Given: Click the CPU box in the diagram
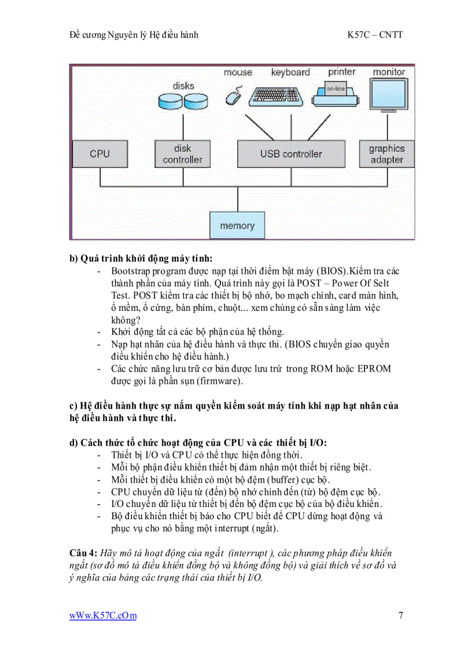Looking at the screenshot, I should (x=99, y=154).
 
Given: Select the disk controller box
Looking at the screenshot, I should (x=182, y=154).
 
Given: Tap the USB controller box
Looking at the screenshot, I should (x=291, y=154).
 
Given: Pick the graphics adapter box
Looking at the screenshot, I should (x=386, y=154).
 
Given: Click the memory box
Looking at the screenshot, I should (x=237, y=225).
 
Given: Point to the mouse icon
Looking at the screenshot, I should (x=234, y=95).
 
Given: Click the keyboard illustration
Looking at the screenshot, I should (x=276, y=95).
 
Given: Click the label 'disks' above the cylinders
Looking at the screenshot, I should (x=183, y=86).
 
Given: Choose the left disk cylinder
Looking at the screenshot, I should (x=170, y=102).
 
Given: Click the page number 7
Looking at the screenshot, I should (x=400, y=615).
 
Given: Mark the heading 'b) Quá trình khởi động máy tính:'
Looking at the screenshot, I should (x=141, y=258).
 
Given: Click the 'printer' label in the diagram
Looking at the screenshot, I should (x=341, y=72).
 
